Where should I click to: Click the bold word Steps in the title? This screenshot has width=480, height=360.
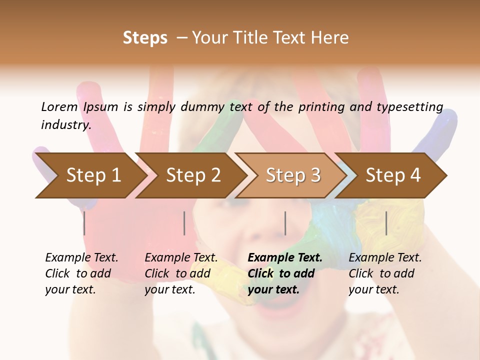coord(145,38)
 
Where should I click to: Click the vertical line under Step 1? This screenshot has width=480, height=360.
coord(84,223)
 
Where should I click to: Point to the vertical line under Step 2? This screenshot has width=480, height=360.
coord(184,223)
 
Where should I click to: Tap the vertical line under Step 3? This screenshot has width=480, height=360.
coord(285,223)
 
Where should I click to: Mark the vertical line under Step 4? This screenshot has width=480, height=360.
coord(386,223)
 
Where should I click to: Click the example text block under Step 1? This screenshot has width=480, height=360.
coord(81,273)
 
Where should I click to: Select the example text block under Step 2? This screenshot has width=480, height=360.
coord(181,273)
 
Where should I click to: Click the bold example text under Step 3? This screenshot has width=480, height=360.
coord(285,273)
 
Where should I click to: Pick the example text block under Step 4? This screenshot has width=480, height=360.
coord(385,273)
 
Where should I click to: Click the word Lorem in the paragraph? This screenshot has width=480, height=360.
coord(59,106)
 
